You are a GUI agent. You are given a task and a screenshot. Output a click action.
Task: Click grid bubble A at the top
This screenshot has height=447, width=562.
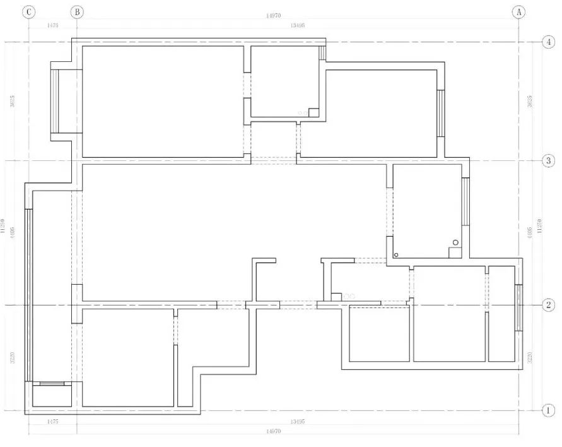pyautogui.click(x=519, y=12)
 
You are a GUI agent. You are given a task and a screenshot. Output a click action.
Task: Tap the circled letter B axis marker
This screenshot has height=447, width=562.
pyautogui.click(x=77, y=12)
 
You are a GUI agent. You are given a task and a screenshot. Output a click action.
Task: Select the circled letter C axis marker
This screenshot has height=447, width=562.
pyautogui.click(x=29, y=12)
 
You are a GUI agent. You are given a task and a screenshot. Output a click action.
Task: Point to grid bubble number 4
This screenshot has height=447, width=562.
pyautogui.click(x=548, y=42)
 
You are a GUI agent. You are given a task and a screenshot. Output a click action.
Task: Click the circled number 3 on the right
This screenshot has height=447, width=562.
pyautogui.click(x=548, y=160)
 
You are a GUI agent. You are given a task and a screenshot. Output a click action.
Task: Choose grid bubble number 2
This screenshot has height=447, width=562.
pyautogui.click(x=548, y=305)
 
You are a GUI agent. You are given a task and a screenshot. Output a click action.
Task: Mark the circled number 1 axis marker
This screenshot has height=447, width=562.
pyautogui.click(x=548, y=410)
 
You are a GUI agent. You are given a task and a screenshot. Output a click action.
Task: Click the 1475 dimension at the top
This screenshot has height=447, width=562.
pyautogui.click(x=53, y=25)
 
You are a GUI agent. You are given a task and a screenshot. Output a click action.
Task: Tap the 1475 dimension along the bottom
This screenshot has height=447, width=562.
pyautogui.click(x=53, y=421)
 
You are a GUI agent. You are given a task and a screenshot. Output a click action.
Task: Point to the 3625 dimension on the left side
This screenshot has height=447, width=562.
pyautogui.click(x=13, y=101)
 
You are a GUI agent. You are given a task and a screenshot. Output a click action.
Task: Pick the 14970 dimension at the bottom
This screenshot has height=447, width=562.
pyautogui.click(x=273, y=431)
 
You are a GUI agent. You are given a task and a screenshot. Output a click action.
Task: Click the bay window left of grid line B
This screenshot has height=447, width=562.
pyautogui.click(x=55, y=101)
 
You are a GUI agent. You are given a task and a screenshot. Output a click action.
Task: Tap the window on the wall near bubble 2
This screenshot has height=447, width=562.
pyautogui.click(x=518, y=308)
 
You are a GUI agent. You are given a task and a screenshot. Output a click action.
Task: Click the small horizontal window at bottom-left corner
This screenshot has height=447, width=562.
pyautogui.click(x=52, y=383)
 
